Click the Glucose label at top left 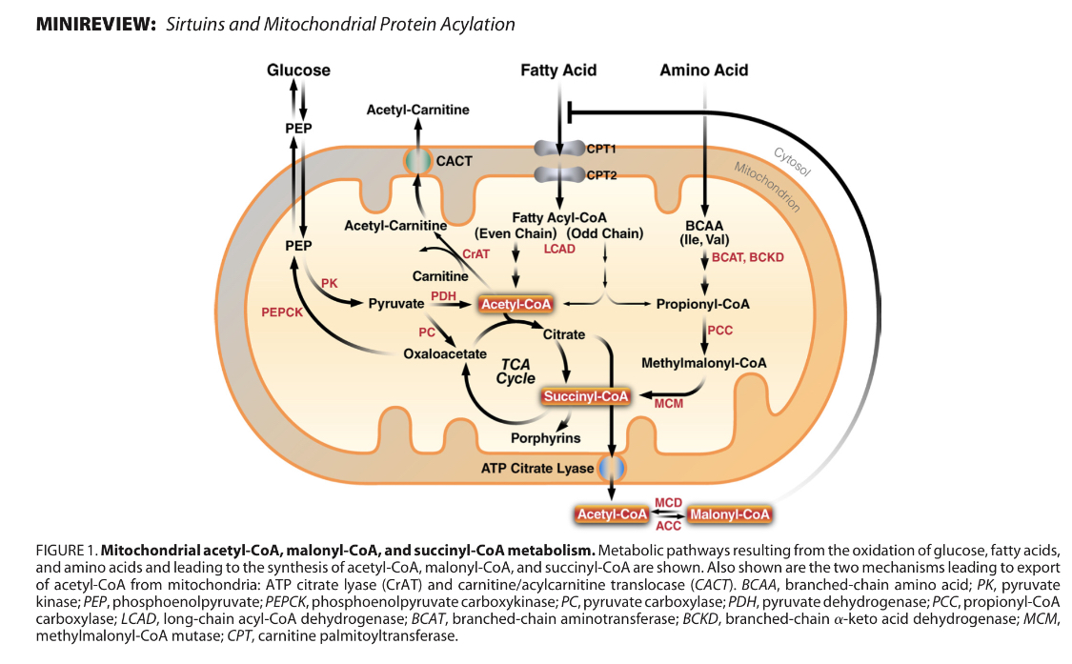(298, 70)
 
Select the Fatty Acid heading (558, 70)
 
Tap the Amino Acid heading (703, 70)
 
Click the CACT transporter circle (416, 161)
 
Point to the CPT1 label (603, 150)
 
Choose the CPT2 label (603, 175)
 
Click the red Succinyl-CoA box (585, 395)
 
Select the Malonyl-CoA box (729, 514)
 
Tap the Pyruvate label (395, 304)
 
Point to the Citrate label (563, 335)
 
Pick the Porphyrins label (543, 439)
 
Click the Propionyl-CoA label (702, 304)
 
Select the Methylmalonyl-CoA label (703, 363)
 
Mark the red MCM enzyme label (668, 405)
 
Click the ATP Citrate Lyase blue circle (610, 469)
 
